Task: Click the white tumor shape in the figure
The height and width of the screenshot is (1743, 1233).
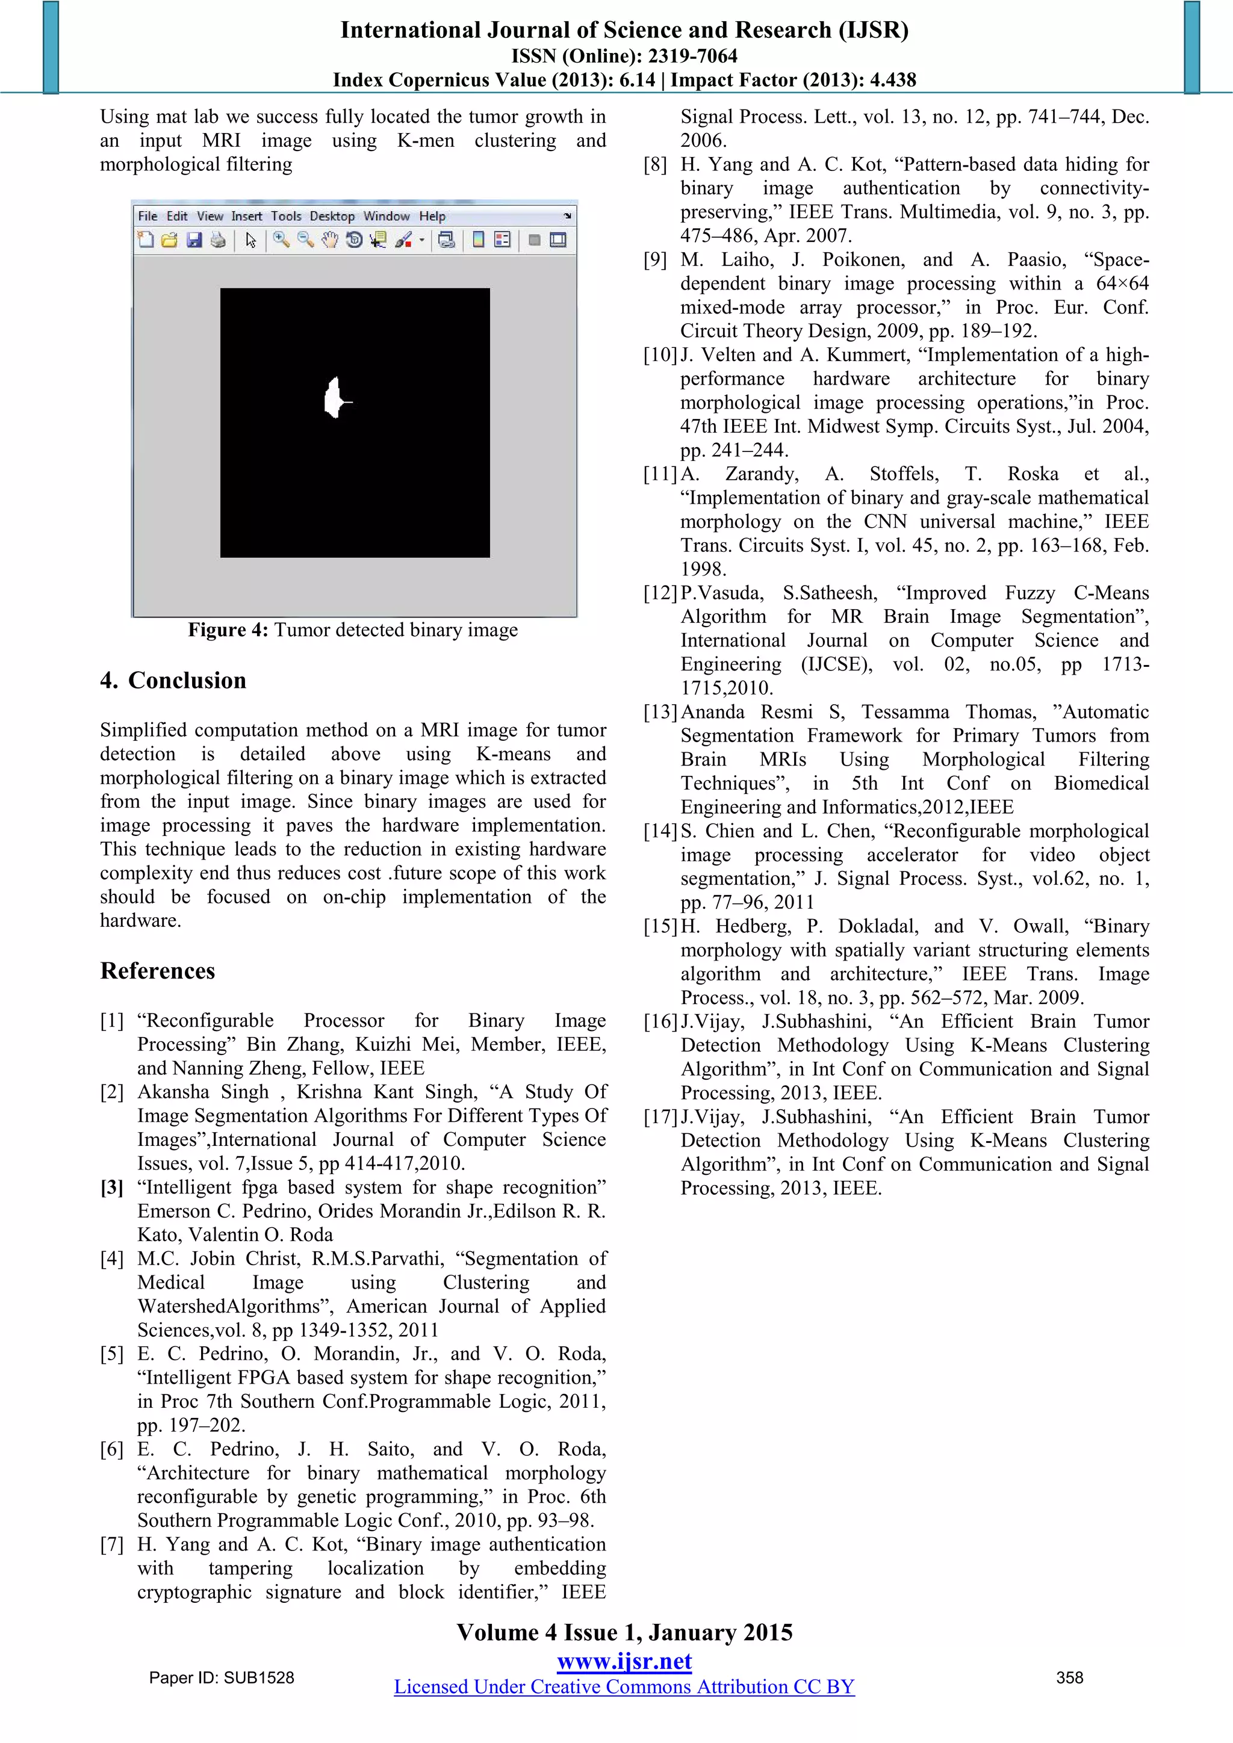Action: click(332, 398)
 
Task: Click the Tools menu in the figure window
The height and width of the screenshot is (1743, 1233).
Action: click(286, 216)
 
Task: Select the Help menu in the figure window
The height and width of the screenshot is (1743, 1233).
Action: click(432, 216)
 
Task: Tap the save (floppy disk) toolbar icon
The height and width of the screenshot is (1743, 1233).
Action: click(194, 241)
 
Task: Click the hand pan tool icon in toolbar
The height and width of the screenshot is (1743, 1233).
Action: click(329, 241)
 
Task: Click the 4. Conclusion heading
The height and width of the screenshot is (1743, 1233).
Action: click(173, 680)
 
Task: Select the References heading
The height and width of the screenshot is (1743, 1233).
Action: click(158, 971)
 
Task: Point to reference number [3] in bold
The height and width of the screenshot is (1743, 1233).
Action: click(111, 1187)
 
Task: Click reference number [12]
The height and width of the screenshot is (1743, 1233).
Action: click(660, 593)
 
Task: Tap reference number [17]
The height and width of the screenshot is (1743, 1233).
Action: click(660, 1116)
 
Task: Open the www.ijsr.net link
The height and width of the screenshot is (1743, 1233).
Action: click(624, 1662)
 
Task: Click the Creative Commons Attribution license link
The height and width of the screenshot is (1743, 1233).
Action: click(624, 1687)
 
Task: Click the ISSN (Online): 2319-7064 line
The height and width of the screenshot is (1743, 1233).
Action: click(624, 56)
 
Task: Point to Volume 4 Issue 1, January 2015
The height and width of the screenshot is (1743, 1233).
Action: click(624, 1633)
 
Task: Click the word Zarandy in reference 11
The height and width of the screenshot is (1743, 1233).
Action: click(762, 474)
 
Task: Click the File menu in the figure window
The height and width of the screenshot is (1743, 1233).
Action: click(148, 216)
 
